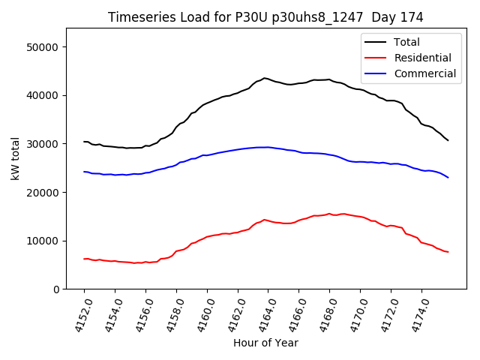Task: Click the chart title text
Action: tap(265, 17)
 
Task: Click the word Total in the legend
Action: tap(407, 42)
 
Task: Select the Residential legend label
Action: tap(423, 58)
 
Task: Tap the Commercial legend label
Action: tap(425, 73)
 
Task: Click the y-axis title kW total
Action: tap(15, 159)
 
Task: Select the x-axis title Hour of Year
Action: tap(265, 343)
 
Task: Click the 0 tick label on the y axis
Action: tap(56, 289)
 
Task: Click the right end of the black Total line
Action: tap(448, 140)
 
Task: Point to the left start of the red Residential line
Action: tap(84, 259)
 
